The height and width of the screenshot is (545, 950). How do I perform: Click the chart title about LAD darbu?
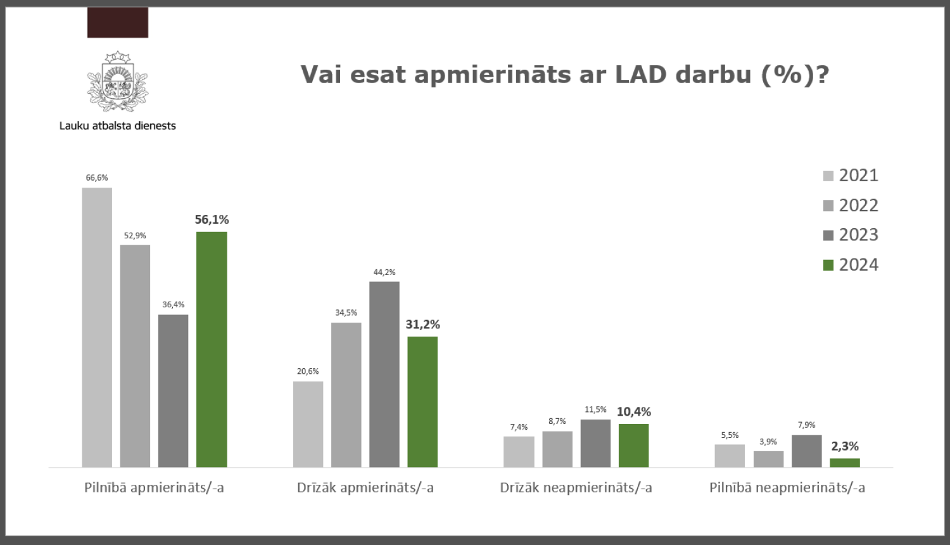[564, 75]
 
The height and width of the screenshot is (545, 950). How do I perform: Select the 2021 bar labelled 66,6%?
[97, 327]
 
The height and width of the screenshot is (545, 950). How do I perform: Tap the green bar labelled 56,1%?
[212, 349]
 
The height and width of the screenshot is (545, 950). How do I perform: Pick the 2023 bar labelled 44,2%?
[384, 374]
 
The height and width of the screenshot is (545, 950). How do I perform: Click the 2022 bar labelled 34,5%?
[346, 395]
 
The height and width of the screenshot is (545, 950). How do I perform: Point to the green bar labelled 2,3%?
[845, 463]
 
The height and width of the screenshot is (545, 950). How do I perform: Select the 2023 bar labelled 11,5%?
[595, 443]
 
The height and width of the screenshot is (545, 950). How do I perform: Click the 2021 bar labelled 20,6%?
[308, 424]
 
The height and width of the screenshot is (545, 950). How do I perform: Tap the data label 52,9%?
[135, 236]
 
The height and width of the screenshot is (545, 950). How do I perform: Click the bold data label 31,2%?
[422, 324]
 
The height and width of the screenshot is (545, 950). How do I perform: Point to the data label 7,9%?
[806, 425]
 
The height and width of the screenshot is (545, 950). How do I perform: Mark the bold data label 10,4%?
[633, 412]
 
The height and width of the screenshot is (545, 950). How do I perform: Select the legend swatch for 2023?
[828, 235]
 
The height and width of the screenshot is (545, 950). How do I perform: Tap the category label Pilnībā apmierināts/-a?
[154, 487]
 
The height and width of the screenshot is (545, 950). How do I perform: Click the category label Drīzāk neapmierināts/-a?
[576, 487]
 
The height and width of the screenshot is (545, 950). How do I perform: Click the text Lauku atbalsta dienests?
[118, 125]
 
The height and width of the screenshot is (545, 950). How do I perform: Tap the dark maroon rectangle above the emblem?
[118, 23]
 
